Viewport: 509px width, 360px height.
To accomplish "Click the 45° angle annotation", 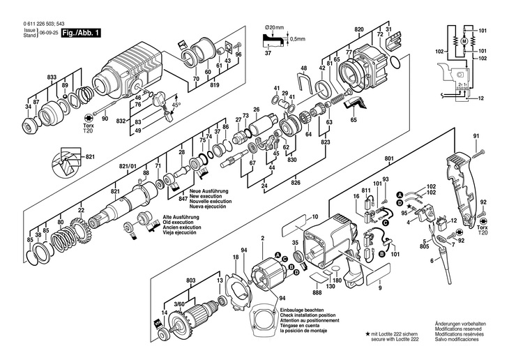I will point(176,105).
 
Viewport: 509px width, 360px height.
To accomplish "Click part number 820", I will point(359,29).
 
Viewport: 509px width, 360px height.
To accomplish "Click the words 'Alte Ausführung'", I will point(181,217).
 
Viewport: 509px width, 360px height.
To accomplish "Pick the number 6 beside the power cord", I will point(432,260).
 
